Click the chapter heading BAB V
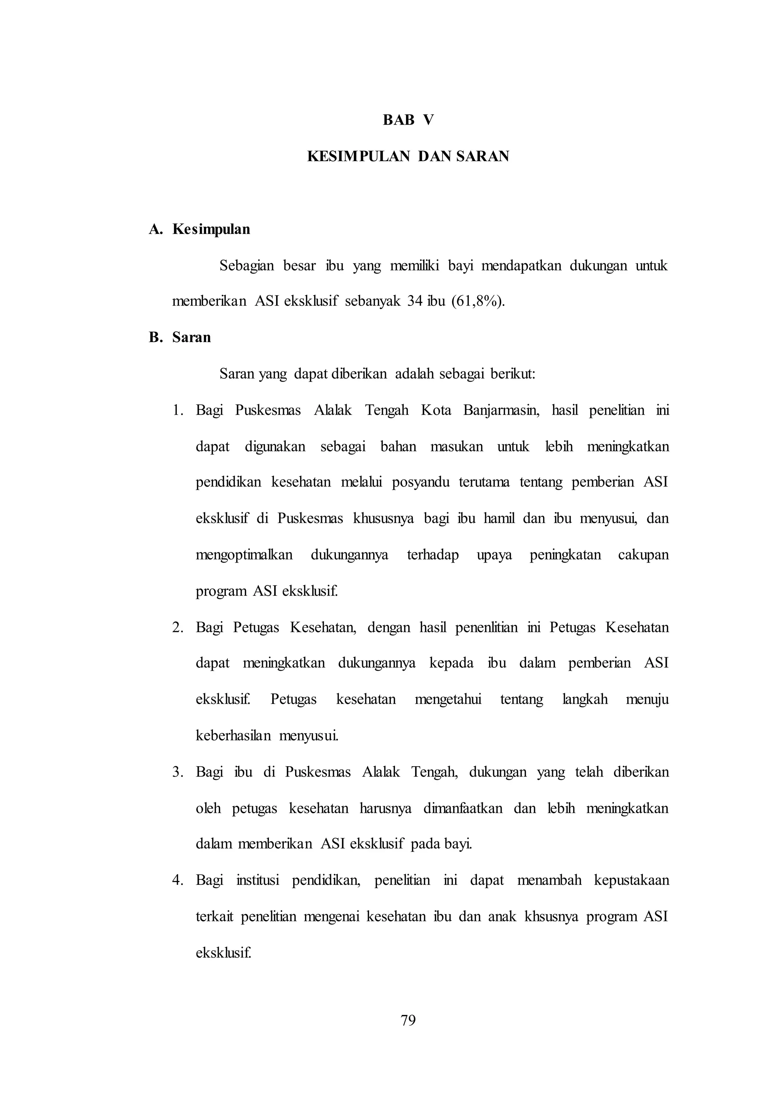tap(408, 120)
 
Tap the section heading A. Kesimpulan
tap(199, 229)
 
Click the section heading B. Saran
tap(180, 337)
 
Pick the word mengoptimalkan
tap(244, 555)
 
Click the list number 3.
tap(178, 772)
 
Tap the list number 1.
tap(178, 410)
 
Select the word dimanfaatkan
tap(462, 808)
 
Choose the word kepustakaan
tap(631, 880)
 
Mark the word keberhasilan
tap(233, 735)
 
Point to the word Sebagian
tap(246, 266)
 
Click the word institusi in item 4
tap(257, 880)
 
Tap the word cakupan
tap(643, 555)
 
